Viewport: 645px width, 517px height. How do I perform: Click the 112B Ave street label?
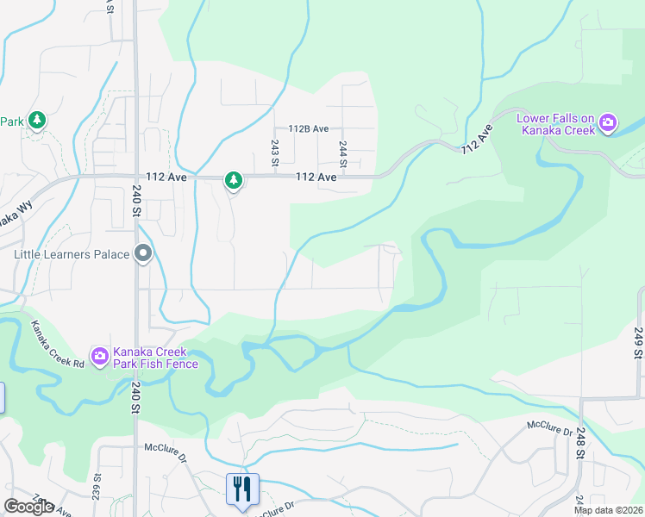(310, 129)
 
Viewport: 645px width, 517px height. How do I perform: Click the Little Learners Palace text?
(71, 254)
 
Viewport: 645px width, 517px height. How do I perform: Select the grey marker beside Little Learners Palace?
(143, 254)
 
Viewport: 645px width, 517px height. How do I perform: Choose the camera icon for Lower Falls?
(608, 123)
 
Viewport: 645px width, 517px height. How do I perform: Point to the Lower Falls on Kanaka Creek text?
(556, 124)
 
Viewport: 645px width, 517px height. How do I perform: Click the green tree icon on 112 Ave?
(233, 180)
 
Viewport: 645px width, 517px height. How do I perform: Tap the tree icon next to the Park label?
(36, 121)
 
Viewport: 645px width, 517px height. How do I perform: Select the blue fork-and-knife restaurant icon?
(241, 489)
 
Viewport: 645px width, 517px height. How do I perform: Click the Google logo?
(28, 508)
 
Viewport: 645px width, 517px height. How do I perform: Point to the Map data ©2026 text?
(608, 510)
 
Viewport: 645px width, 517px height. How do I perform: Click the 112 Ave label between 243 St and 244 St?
(316, 177)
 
